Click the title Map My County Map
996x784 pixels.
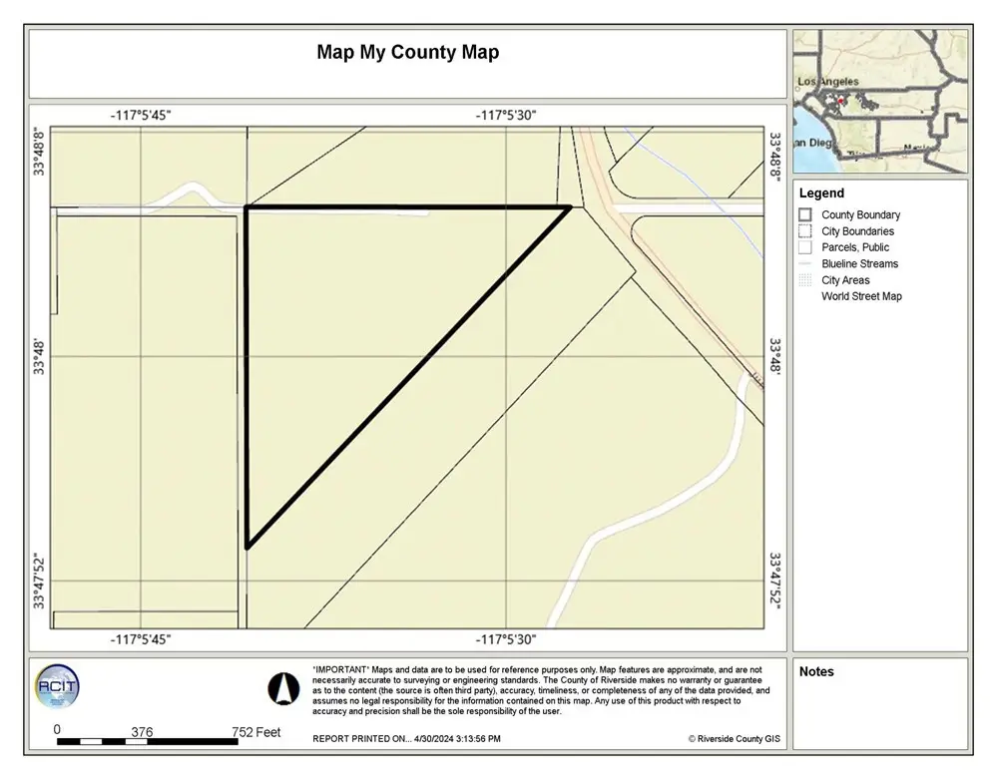point(407,52)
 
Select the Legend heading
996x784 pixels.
point(821,194)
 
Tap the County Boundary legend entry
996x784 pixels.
point(859,214)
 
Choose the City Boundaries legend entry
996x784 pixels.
point(857,231)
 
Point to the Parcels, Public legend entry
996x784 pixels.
point(854,247)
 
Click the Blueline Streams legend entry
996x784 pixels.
point(859,263)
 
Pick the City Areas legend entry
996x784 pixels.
point(845,280)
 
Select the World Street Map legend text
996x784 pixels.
point(861,296)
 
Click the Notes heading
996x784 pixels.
point(816,672)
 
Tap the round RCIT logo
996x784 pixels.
point(57,686)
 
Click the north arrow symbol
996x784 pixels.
point(283,687)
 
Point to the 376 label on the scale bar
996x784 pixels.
point(142,732)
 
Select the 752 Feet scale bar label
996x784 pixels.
point(255,732)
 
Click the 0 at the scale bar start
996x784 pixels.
point(57,729)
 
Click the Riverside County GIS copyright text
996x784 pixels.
point(734,739)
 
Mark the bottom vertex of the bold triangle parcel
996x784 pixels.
point(247,548)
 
